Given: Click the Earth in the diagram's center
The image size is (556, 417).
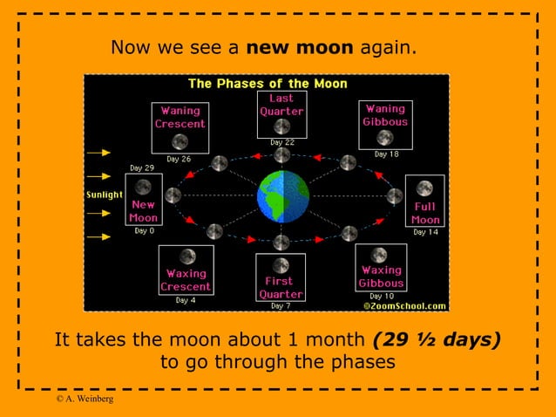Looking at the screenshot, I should [x=283, y=196].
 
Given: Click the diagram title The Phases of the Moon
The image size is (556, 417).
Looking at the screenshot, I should [x=268, y=84].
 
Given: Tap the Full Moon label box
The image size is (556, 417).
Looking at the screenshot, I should [x=424, y=202].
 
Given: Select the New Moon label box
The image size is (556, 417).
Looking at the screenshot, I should [x=143, y=200].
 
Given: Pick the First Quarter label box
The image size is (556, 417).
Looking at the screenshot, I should [x=281, y=277].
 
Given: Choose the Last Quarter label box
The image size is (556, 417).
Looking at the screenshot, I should [x=281, y=114].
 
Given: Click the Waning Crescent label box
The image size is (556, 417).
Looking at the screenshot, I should [x=180, y=127].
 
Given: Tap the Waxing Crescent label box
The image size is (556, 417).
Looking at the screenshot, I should [x=186, y=270].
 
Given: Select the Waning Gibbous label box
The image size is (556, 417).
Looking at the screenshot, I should [x=385, y=124].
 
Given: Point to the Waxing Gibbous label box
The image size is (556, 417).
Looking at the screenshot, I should [x=381, y=268].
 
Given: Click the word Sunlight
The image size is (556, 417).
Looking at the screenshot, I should [x=104, y=195].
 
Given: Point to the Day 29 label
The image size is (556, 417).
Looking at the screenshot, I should [x=142, y=167].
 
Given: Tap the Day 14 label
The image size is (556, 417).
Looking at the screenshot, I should [x=424, y=232].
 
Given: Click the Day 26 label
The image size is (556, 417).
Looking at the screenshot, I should [x=179, y=159].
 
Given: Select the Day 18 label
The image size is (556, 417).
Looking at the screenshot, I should [x=386, y=154].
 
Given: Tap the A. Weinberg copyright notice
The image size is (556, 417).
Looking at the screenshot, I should [x=84, y=399].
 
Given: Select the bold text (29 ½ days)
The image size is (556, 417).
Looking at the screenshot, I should [x=436, y=338].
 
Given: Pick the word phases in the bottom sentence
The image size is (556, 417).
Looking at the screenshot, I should [x=346, y=361].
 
